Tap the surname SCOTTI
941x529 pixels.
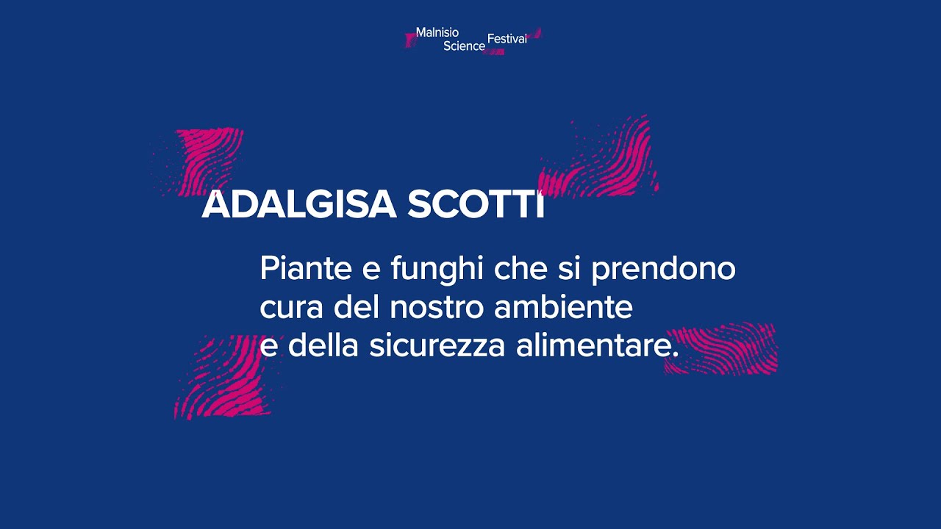476,204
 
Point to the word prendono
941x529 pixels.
663,269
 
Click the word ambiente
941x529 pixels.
563,307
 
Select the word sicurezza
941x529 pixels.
437,346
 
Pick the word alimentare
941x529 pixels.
597,346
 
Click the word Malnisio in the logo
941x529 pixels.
437,32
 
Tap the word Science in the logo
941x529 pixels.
464,46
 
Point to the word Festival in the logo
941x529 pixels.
507,39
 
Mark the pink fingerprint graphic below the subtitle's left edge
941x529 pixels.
221,378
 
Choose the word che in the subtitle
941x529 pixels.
520,269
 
